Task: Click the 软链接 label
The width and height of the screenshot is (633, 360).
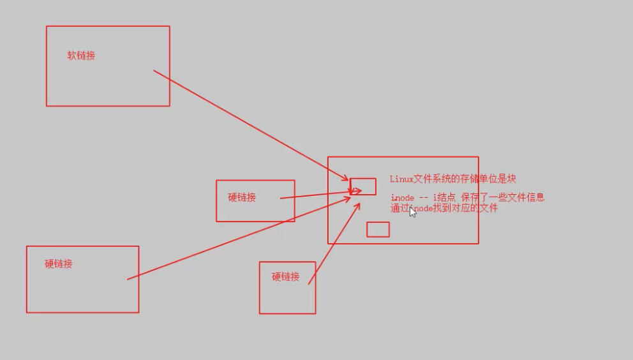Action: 82,56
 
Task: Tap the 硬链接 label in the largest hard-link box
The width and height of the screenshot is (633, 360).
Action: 59,264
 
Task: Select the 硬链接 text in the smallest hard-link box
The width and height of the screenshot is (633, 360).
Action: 286,276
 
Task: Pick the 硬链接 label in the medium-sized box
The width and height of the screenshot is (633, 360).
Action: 242,197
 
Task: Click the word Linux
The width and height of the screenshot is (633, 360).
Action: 401,179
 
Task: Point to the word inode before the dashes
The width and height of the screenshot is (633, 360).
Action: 403,198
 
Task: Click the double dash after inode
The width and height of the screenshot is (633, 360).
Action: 424,198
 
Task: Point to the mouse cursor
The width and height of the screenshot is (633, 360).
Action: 412,212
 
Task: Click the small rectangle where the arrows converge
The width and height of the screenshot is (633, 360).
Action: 363,186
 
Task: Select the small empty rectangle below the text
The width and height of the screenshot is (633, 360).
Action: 378,229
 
